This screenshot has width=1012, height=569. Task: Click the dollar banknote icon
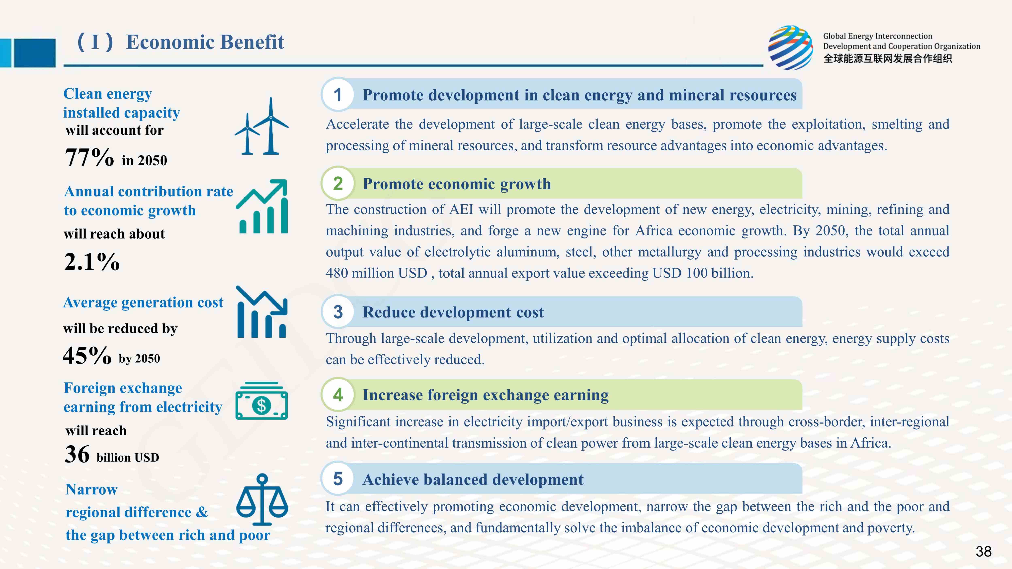[262, 401]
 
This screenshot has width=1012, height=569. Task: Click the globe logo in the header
[791, 48]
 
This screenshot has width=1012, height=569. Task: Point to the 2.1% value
[92, 261]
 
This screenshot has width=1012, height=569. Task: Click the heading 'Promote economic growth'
[456, 184]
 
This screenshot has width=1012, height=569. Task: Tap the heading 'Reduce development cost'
[453, 312]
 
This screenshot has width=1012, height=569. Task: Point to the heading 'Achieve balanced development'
[473, 480]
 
